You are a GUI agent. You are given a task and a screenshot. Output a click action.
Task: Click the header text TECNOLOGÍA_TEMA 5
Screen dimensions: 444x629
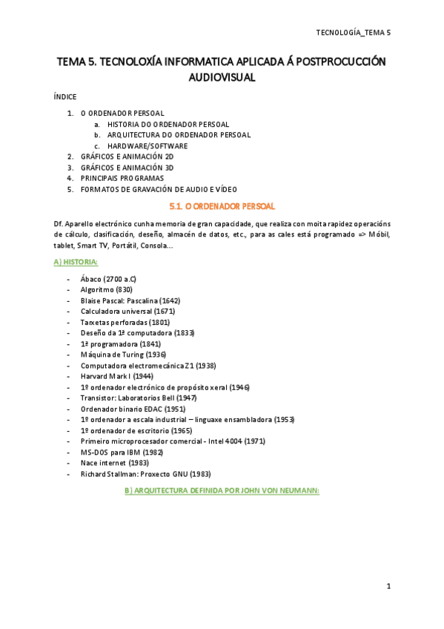[x=353, y=33]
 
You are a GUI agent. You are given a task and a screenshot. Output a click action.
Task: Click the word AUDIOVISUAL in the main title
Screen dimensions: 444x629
[x=222, y=76]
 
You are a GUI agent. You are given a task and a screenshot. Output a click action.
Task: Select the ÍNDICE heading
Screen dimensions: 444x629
[x=65, y=97]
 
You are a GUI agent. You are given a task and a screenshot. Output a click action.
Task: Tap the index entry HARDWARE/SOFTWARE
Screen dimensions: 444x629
[x=148, y=146]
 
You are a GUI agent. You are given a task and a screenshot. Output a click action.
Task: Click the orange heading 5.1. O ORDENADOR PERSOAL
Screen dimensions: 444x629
[x=222, y=205]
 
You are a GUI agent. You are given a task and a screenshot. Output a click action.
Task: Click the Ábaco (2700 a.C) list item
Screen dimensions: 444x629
[x=108, y=279]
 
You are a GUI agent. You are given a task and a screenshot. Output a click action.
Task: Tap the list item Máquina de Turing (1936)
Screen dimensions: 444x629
[x=123, y=355]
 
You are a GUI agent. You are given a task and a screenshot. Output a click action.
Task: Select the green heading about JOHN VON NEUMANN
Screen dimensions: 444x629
[x=222, y=490]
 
